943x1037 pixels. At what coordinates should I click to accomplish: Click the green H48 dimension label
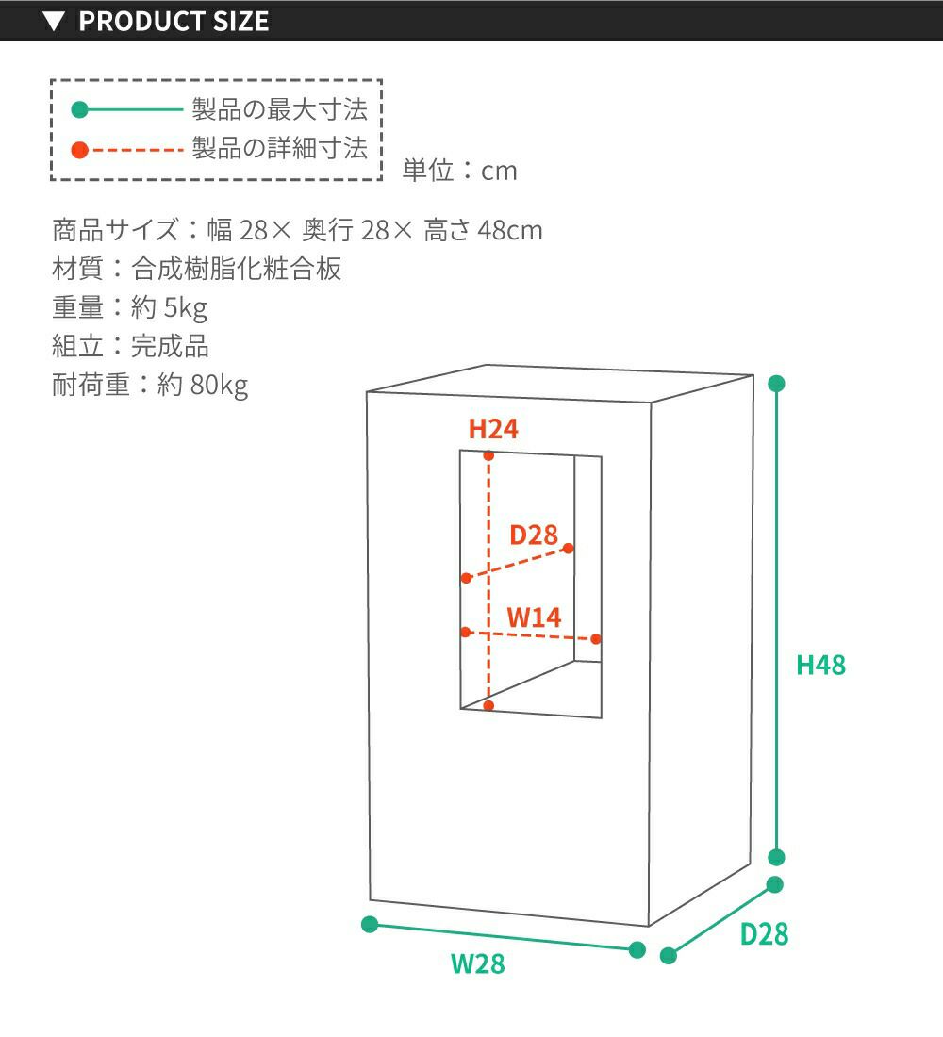pos(820,665)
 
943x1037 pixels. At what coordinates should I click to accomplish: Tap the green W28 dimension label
pos(477,964)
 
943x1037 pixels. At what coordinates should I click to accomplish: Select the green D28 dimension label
pos(764,934)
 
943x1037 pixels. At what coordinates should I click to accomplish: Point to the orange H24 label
pos(493,430)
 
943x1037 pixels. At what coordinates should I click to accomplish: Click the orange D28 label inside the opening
pos(534,535)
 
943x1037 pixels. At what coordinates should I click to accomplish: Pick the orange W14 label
pos(534,617)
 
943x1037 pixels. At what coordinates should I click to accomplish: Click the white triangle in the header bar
pos(55,21)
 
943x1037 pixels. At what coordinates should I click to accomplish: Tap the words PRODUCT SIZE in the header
pos(174,21)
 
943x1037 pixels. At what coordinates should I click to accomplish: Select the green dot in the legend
pos(79,110)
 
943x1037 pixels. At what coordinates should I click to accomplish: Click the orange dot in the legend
pos(79,149)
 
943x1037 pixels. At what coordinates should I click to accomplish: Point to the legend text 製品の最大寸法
pos(279,109)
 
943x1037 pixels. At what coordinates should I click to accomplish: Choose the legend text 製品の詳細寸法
pos(279,148)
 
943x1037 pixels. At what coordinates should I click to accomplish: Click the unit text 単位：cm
pos(460,171)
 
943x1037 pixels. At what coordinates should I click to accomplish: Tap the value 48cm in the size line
pos(510,230)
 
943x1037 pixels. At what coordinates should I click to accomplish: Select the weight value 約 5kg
pos(169,307)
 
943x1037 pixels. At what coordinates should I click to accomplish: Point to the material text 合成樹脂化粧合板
pos(236,269)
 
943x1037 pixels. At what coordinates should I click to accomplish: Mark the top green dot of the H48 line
pos(777,384)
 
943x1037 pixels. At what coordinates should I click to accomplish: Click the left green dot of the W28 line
pos(370,924)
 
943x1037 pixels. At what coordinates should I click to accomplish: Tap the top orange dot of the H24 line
pos(488,456)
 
